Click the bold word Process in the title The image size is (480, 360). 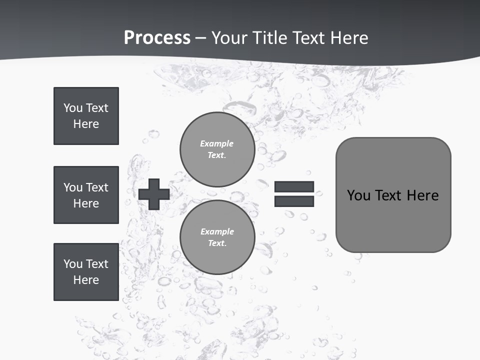(157, 38)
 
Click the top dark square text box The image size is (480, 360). (86, 116)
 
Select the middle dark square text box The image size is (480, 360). (86, 195)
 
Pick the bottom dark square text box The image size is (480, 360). (86, 272)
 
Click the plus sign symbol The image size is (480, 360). (154, 194)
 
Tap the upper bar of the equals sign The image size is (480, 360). (294, 187)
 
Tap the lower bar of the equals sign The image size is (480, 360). (294, 201)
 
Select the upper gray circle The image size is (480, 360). (217, 149)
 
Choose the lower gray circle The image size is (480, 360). (217, 237)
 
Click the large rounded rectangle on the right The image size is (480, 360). (393, 195)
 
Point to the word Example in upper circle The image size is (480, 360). (217, 143)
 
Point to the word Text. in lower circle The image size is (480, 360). (217, 243)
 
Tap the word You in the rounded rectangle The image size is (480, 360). (358, 195)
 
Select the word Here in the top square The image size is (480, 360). (86, 124)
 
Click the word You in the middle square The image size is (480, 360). (72, 187)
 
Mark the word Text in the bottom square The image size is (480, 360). (97, 264)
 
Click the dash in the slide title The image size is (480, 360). (200, 38)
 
